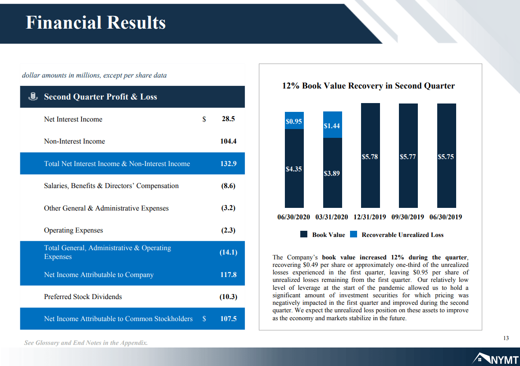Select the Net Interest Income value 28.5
pos(228,119)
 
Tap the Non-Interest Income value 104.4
pos(228,141)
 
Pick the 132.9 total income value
pos(228,163)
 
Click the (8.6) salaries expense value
pos(228,186)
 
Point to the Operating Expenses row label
pos(73,230)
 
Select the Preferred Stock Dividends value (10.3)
pos(228,297)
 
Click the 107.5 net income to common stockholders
pos(228,318)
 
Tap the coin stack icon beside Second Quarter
pos(33,96)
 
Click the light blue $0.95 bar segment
pos(294,120)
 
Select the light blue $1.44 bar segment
pos(332,125)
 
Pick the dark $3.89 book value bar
pos(332,173)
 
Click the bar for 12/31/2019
pos(370,155)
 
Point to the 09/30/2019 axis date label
pos(408,217)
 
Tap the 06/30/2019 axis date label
pos(446,217)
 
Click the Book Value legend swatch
pos(304,234)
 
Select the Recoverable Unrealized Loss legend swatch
pos(354,234)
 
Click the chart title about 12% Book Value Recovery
pos(369,85)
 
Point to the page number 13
pos(506,338)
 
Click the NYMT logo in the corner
pos(495,359)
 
